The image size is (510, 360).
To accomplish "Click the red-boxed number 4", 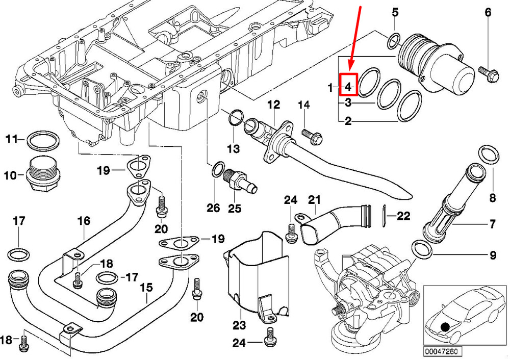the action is [348, 87].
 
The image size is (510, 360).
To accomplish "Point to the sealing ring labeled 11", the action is [43, 141].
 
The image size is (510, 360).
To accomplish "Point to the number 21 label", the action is [314, 200].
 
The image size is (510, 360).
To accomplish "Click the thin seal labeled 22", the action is [384, 216].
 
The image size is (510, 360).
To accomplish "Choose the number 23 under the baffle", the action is [239, 324].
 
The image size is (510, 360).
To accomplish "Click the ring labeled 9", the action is [422, 249].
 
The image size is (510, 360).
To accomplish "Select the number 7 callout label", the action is [493, 224].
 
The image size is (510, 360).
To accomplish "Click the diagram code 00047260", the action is [442, 351].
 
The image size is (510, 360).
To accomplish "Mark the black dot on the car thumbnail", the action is [445, 327].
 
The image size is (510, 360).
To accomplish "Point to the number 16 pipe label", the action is [84, 221].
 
